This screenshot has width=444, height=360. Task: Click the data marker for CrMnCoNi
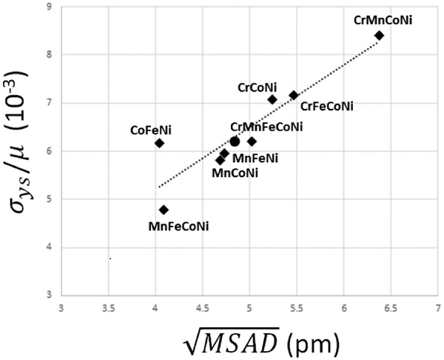click(380, 35)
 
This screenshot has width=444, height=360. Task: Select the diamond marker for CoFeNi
click(159, 143)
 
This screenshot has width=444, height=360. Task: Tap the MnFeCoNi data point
click(164, 210)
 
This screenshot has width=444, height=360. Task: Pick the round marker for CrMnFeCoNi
click(235, 141)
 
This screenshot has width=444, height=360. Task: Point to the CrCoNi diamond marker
click(272, 99)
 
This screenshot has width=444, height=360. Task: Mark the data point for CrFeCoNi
click(294, 95)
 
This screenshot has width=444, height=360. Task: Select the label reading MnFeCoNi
click(178, 226)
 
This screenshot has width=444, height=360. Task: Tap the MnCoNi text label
click(235, 173)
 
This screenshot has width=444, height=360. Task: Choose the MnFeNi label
click(255, 158)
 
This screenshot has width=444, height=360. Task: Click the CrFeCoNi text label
click(327, 107)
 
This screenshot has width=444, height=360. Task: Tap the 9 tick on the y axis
click(49, 7)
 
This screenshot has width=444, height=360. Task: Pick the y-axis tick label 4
click(49, 247)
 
